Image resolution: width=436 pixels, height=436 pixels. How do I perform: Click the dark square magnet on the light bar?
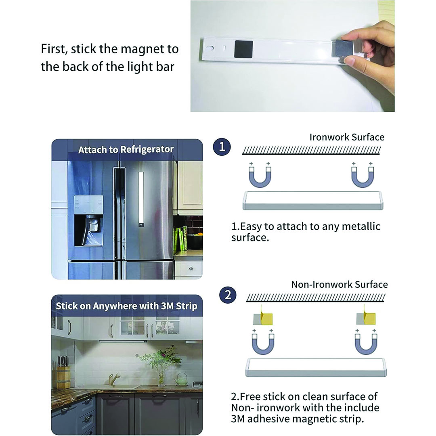[x=243, y=49]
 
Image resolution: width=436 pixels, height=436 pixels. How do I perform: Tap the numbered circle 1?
[x=222, y=147]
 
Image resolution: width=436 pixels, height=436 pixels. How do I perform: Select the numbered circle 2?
[x=228, y=295]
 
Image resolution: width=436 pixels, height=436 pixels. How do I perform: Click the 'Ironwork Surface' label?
[x=347, y=137]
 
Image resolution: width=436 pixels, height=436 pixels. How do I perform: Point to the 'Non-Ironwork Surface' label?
[x=339, y=285]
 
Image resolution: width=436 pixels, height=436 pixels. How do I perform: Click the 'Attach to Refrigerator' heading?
[x=126, y=150]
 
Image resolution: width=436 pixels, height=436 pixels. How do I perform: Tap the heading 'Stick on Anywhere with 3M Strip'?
[x=126, y=306]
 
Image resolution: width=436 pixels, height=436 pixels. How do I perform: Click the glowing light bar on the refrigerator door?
[x=141, y=199]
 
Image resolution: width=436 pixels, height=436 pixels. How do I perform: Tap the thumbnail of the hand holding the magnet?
[x=292, y=56]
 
